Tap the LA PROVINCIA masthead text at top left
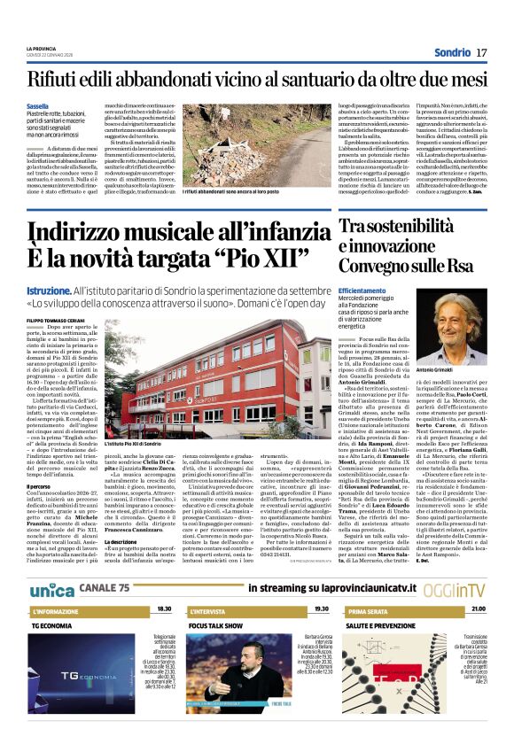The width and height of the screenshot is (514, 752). click(43, 47)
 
